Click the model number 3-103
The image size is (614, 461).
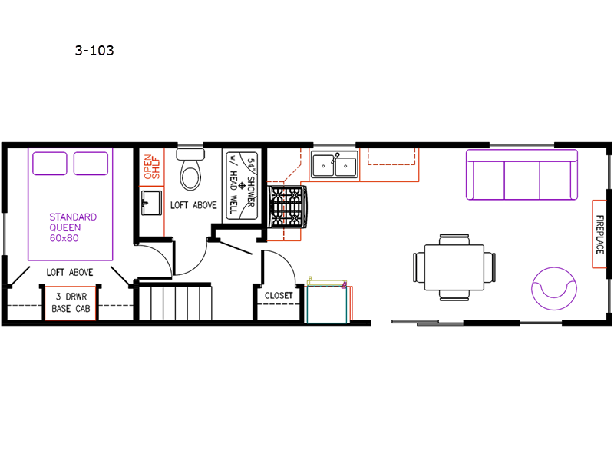(94, 51)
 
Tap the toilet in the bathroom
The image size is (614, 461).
(190, 169)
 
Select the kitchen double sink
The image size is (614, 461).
(335, 164)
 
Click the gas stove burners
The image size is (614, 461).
(288, 207)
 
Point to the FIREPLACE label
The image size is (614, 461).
(599, 234)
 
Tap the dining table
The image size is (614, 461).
(454, 267)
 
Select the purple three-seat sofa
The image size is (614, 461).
(522, 175)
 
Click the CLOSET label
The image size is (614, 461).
(279, 296)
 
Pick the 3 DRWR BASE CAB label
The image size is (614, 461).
(71, 303)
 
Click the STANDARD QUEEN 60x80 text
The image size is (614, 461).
(73, 227)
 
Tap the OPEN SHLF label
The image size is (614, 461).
(152, 167)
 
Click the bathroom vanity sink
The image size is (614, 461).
(151, 203)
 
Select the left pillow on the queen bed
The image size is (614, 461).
(50, 164)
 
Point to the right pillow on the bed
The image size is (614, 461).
(91, 164)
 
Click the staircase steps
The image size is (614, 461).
(176, 303)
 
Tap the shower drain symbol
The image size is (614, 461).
(242, 185)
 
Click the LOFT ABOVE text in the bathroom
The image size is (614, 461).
(193, 205)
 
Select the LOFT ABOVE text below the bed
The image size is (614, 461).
(70, 273)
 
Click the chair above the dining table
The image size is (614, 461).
(454, 240)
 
